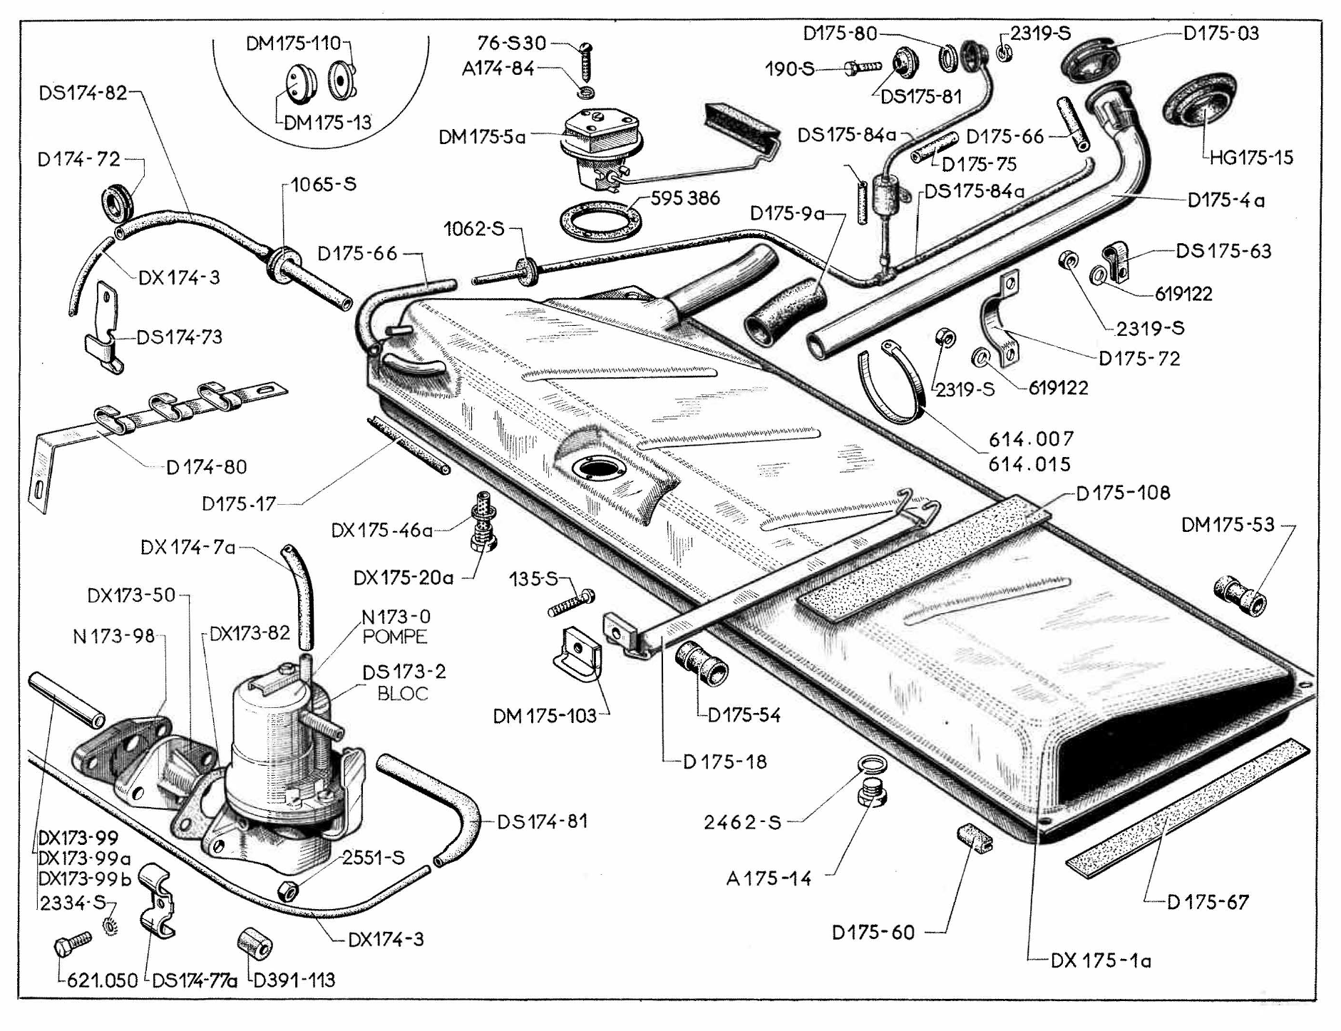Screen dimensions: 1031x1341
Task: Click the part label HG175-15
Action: [x=1251, y=158]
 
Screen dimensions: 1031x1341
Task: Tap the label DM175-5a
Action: [x=482, y=136]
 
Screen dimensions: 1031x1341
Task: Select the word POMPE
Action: [x=395, y=637]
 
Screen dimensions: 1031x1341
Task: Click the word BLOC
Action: [x=403, y=693]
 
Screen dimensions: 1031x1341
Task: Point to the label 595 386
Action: [x=685, y=198]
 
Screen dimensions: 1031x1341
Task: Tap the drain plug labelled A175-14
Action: [x=870, y=793]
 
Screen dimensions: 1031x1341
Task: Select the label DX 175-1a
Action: [x=1101, y=960]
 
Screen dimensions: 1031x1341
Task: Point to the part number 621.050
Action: [x=102, y=980]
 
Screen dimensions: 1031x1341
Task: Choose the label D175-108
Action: [x=1123, y=493]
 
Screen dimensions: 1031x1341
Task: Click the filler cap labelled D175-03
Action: [x=1089, y=57]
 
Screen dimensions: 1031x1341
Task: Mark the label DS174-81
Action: [x=543, y=821]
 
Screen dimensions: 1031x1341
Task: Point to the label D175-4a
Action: [x=1226, y=200]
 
